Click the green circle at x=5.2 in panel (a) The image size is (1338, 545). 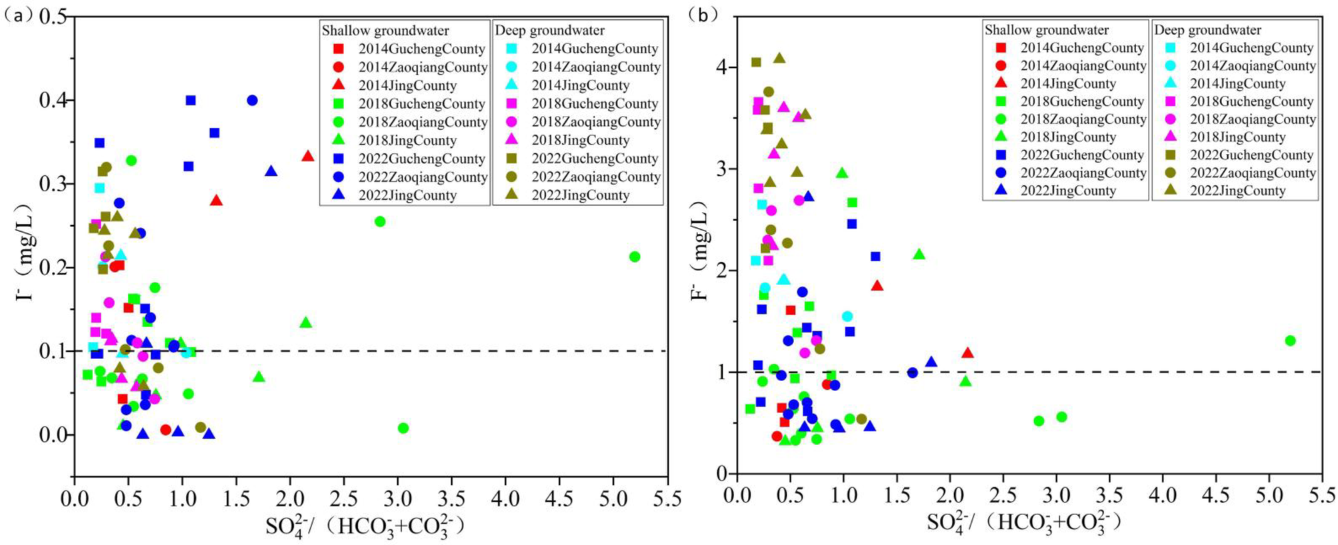(x=634, y=257)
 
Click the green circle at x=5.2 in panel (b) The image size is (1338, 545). (x=1290, y=340)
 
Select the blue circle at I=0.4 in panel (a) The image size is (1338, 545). (x=252, y=101)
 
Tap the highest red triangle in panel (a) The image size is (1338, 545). (x=307, y=156)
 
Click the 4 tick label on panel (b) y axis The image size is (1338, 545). (x=723, y=67)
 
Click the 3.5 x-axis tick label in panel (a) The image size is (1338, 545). (x=451, y=498)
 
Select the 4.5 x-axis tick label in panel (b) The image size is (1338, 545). (x=1215, y=496)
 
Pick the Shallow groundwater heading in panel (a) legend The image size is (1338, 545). (x=385, y=31)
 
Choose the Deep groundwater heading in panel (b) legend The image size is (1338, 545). (x=1207, y=30)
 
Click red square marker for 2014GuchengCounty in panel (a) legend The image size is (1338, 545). (x=338, y=49)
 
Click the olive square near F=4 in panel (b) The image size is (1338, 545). (x=756, y=63)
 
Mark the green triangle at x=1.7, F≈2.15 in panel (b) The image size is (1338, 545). (x=919, y=255)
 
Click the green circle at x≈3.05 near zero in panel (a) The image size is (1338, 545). (x=403, y=428)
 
